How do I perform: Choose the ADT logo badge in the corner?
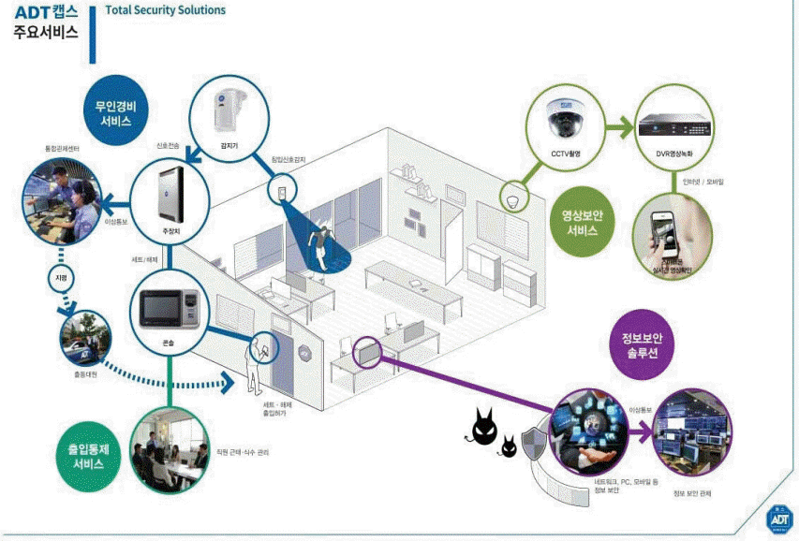click(x=778, y=515)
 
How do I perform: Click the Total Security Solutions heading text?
click(x=166, y=10)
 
